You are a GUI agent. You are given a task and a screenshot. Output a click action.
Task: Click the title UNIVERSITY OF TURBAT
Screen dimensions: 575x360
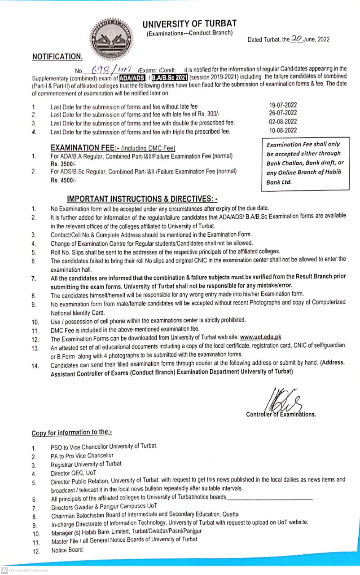189,23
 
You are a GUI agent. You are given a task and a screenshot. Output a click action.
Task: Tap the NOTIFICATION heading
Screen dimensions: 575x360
57,57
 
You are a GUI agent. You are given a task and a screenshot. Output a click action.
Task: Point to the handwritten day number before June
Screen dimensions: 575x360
296,39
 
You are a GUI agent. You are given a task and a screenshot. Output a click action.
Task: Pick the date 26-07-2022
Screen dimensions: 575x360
282,113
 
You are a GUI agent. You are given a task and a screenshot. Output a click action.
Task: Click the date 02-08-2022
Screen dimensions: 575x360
282,122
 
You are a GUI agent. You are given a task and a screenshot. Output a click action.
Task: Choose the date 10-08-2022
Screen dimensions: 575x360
282,130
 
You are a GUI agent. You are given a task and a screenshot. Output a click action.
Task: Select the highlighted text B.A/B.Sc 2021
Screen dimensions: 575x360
169,77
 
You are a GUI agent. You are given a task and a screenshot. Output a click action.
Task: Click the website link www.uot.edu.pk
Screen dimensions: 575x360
260,337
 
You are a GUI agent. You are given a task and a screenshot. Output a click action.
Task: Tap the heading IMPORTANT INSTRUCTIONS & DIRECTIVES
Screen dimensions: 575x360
142,199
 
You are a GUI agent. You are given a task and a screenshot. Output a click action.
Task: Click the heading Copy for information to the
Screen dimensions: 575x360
71,432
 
